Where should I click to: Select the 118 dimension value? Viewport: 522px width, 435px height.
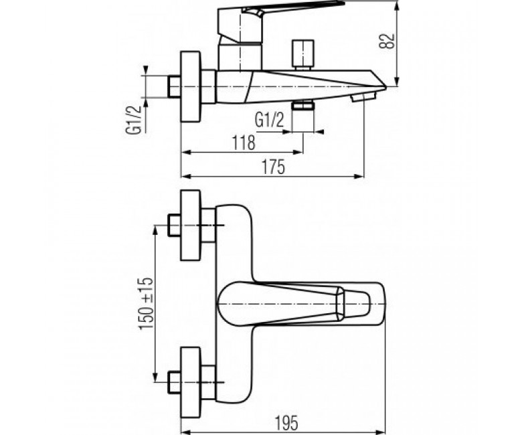point(244,143)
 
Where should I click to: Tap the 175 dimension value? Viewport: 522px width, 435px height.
point(273,167)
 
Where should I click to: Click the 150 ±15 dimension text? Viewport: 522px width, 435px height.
point(146,303)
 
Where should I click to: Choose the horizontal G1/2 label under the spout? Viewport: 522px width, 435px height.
point(269,120)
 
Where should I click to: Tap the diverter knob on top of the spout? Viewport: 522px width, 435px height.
point(302,56)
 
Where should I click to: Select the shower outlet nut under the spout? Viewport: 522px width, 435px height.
point(302,106)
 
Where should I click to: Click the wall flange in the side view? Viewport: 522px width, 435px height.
point(191,86)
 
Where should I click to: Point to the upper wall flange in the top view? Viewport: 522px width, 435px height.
point(191,225)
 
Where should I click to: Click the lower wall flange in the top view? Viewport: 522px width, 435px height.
point(191,381)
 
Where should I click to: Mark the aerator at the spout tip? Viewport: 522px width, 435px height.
point(363,97)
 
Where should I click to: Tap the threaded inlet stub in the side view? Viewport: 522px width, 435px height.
point(174,87)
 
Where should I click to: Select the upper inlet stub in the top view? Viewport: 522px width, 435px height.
point(174,226)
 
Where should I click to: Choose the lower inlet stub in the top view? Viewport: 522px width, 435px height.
point(174,382)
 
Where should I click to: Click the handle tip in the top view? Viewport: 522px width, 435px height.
point(353,304)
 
